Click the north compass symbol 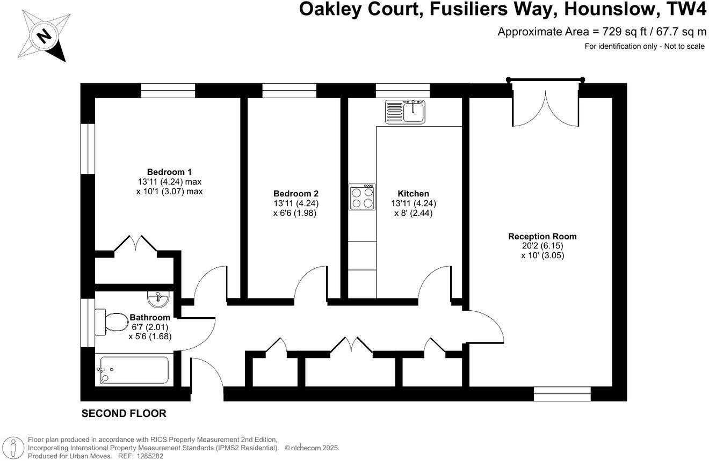pos(44,35)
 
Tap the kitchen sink pos(405,111)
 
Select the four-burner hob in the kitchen pos(361,196)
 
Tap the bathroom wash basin pos(158,297)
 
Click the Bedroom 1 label pos(169,172)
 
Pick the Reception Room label pos(542,236)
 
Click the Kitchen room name pos(413,193)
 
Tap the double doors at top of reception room pos(546,107)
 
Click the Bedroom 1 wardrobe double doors pos(136,244)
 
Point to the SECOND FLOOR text pos(124,414)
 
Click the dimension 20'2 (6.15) pos(542,246)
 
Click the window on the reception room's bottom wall pos(562,394)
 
